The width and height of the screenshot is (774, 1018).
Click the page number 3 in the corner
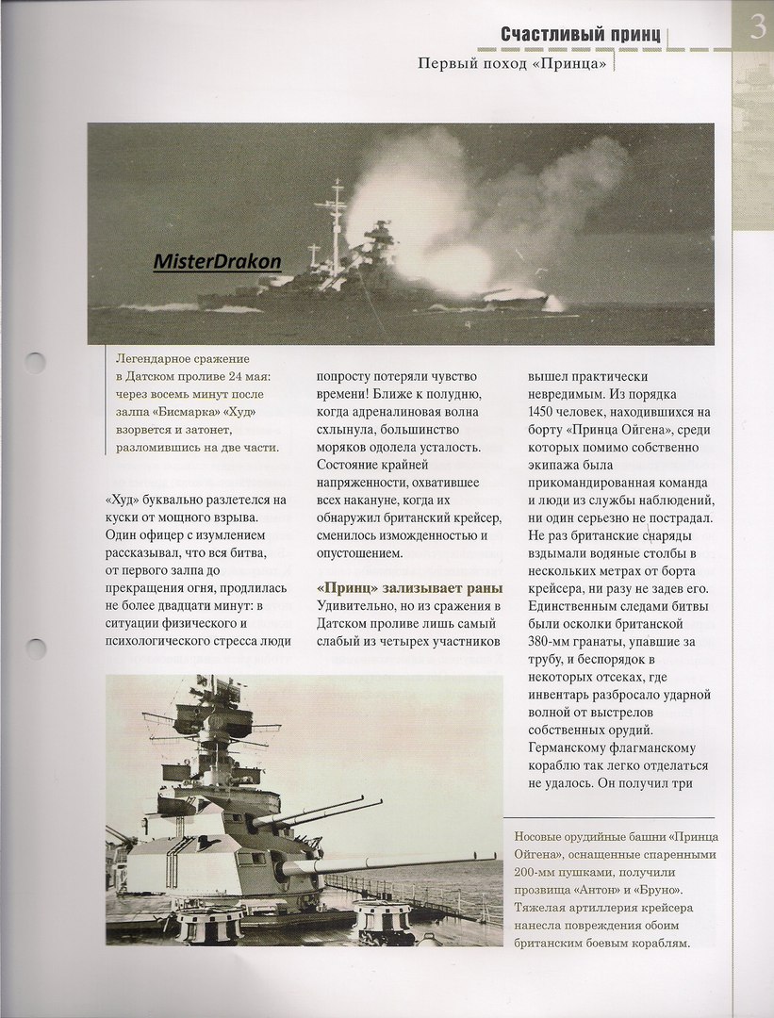pyautogui.click(x=755, y=28)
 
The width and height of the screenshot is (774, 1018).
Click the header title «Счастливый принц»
pyautogui.click(x=581, y=35)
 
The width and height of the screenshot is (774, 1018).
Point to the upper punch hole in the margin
pyautogui.click(x=34, y=365)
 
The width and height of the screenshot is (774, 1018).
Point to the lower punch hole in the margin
pyautogui.click(x=34, y=649)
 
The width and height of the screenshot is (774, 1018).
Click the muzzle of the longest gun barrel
pyautogui.click(x=494, y=857)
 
